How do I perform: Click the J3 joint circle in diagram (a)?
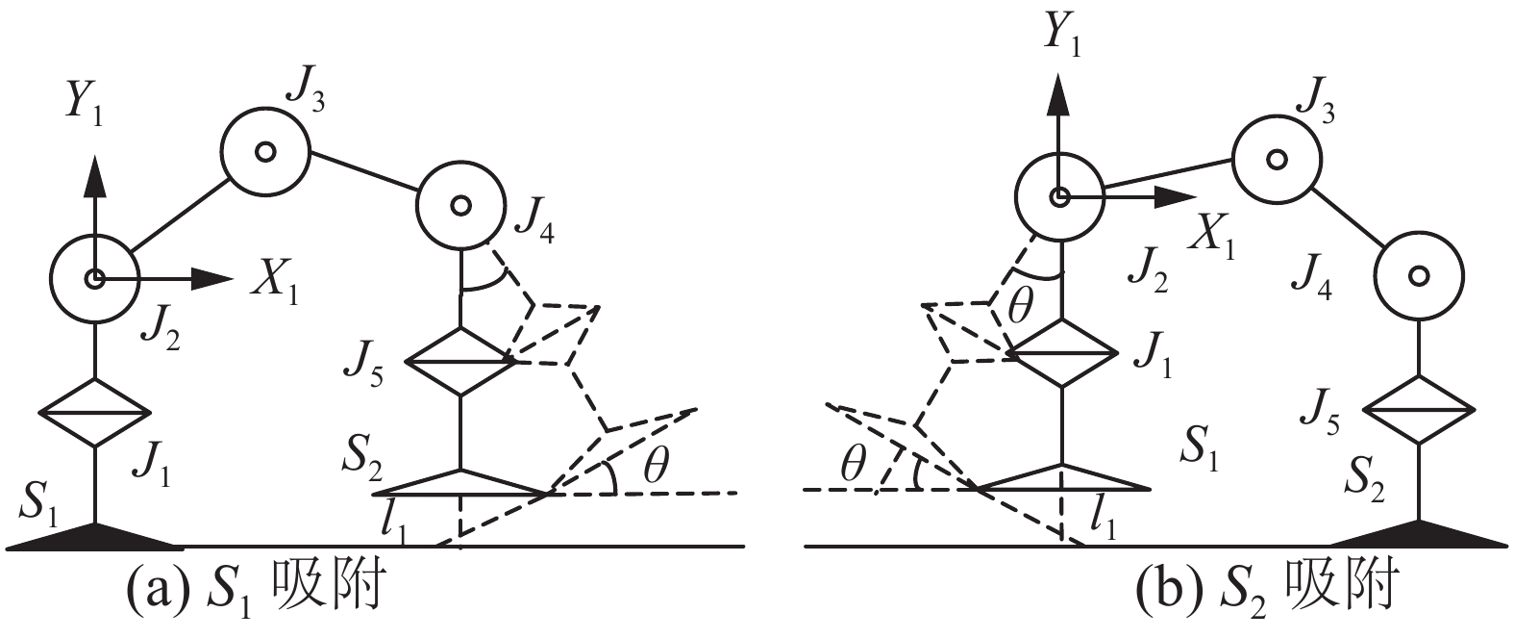(265, 151)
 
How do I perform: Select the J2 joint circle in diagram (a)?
(94, 279)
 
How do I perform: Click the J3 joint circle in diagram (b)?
(1276, 159)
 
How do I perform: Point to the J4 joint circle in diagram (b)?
(1418, 276)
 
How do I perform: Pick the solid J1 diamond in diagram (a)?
(95, 413)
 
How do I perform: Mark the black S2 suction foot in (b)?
(1419, 534)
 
